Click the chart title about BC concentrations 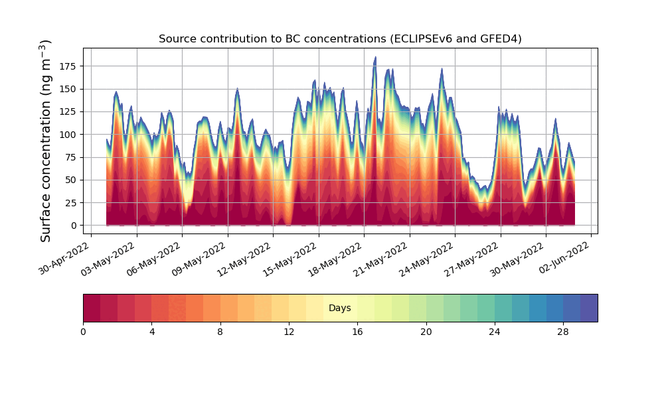340,39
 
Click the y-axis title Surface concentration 46,141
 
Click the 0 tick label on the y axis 74,226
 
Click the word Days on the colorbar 340,308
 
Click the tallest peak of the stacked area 375,58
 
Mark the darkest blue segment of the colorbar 589,308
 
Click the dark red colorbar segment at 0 92,308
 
